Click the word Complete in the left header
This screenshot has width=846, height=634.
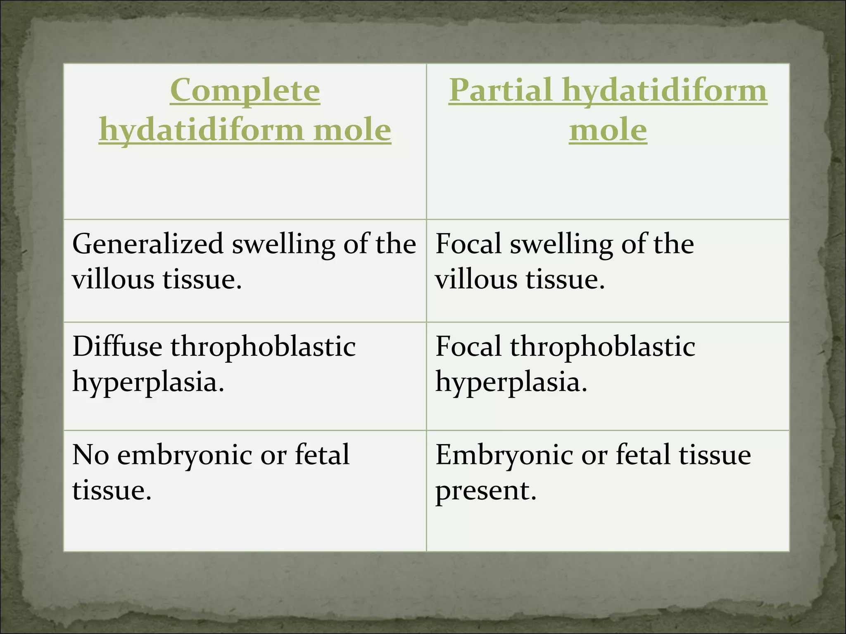(x=245, y=90)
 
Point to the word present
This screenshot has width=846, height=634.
(x=486, y=491)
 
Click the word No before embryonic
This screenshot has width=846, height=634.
(x=90, y=454)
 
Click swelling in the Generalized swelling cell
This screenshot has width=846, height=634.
(x=283, y=244)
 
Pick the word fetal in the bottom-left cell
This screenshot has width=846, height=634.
(x=322, y=454)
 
